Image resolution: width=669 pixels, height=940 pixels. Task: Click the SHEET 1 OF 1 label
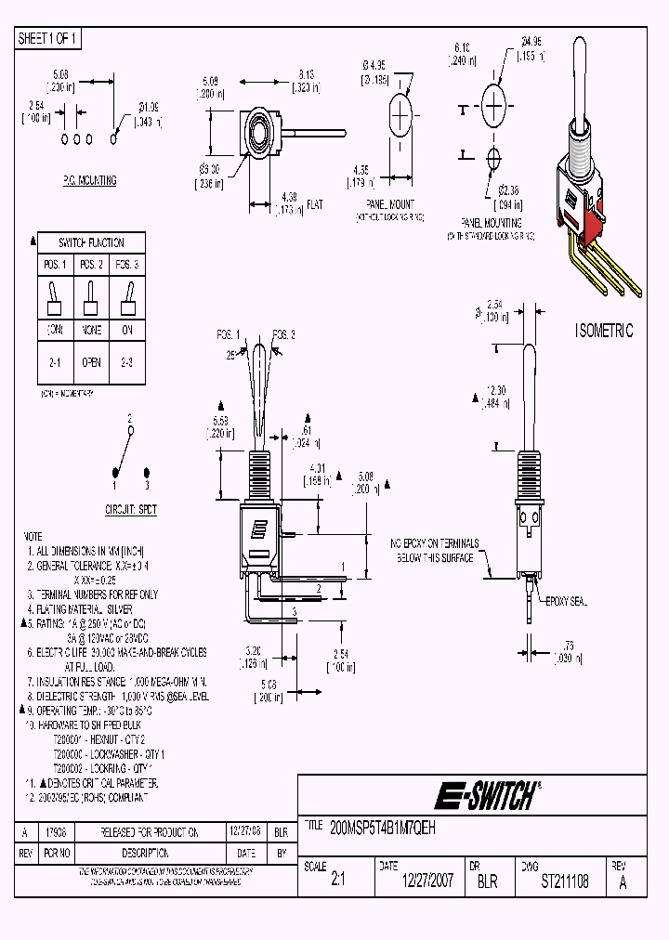(48, 39)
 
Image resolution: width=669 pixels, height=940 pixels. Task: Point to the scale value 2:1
(337, 881)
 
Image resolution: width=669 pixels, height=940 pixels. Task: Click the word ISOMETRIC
(604, 332)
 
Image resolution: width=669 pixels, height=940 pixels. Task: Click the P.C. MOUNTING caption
(89, 180)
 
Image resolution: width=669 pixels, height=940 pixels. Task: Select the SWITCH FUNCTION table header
(91, 242)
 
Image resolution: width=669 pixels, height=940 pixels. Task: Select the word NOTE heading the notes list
(33, 537)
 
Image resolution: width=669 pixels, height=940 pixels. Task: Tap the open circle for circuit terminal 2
(130, 431)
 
